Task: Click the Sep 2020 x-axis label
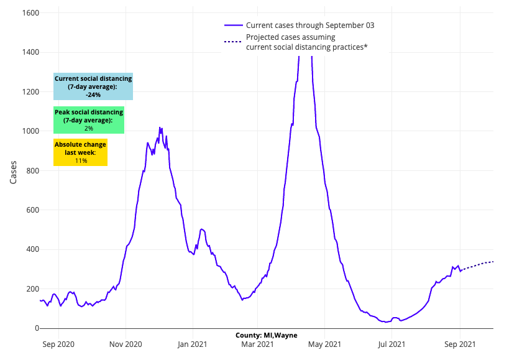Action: click(59, 343)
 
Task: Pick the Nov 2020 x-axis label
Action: click(126, 343)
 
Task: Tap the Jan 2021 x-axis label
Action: click(192, 343)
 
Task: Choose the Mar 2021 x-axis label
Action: click(257, 343)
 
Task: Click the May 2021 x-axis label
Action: click(324, 343)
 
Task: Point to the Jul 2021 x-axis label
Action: click(392, 343)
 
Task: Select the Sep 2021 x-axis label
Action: click(460, 343)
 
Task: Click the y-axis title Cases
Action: click(14, 170)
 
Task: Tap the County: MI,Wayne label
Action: click(266, 335)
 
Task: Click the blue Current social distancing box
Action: click(93, 87)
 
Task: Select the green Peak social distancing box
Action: click(89, 120)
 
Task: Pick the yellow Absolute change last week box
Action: click(80, 152)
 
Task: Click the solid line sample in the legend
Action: click(233, 25)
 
